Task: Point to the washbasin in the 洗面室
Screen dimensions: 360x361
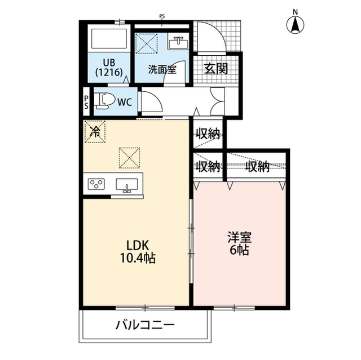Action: (178, 43)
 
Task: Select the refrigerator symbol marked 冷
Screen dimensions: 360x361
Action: (94, 132)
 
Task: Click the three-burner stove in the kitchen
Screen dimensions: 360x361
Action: (97, 184)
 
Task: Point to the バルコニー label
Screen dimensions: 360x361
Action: (146, 325)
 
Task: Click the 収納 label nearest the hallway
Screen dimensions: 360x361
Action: (208, 134)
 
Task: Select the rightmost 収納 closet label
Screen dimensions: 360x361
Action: (257, 166)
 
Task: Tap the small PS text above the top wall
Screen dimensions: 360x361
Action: (162, 16)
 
